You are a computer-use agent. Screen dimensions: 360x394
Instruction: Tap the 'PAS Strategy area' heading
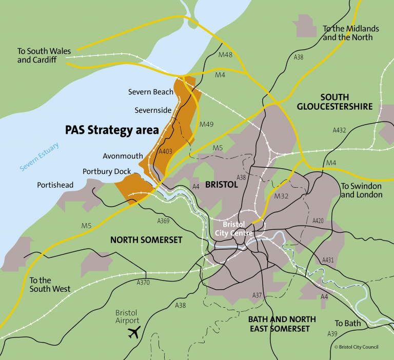pyautogui.click(x=112, y=130)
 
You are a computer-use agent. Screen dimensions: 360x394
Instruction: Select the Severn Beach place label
pyautogui.click(x=150, y=92)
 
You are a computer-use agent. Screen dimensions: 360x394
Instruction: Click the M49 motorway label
pyautogui.click(x=206, y=124)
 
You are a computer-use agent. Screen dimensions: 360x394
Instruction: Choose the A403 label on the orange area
pyautogui.click(x=165, y=151)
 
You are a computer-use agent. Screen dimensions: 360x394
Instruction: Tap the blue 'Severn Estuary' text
pyautogui.click(x=40, y=157)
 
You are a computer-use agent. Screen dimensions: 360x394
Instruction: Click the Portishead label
pyautogui.click(x=55, y=185)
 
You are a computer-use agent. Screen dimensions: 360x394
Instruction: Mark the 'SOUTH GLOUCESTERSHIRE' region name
pyautogui.click(x=334, y=102)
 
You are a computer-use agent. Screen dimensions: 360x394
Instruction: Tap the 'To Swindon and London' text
pyautogui.click(x=362, y=190)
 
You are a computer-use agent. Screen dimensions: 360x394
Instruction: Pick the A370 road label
pyautogui.click(x=143, y=282)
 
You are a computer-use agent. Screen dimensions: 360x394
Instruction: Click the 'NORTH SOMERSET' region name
pyautogui.click(x=146, y=239)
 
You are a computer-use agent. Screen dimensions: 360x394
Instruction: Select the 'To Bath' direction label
pyautogui.click(x=348, y=323)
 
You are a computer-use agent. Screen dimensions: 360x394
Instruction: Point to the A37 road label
pyautogui.click(x=257, y=295)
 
